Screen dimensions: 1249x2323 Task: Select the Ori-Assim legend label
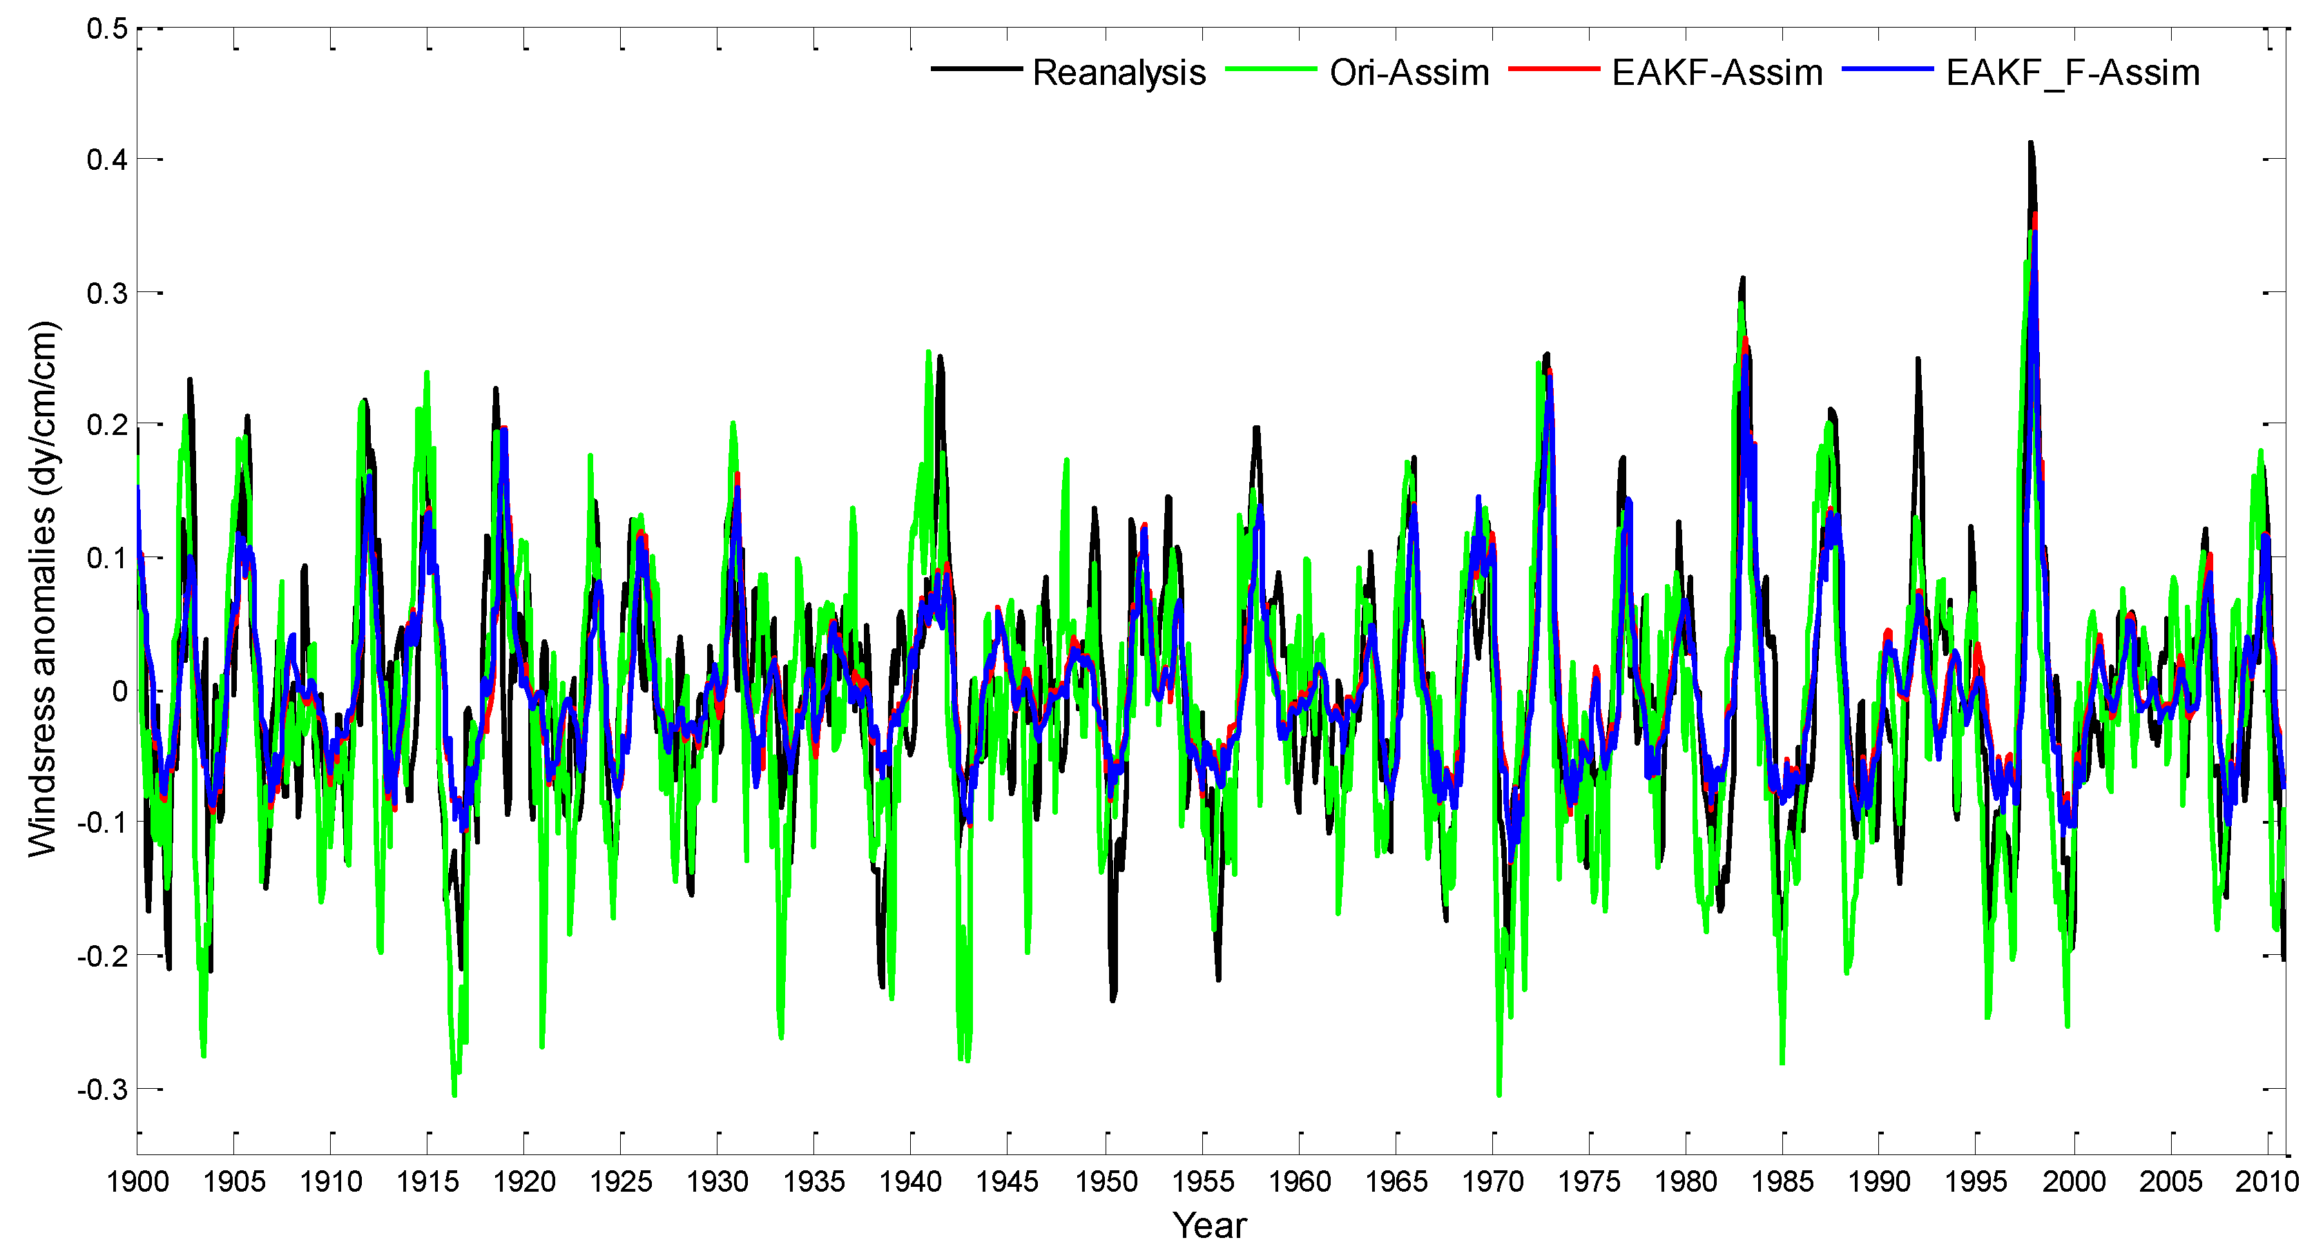(x=1409, y=72)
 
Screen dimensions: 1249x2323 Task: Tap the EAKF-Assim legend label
(x=1717, y=72)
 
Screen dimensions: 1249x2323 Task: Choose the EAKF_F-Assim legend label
(x=2072, y=72)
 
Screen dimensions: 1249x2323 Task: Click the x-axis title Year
(x=1209, y=1225)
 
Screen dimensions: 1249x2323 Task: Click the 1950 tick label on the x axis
(x=1106, y=1181)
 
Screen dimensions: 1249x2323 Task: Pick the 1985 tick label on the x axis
(x=1783, y=1181)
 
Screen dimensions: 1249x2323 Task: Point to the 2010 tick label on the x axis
(x=2267, y=1181)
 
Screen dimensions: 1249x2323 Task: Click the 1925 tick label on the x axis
(x=621, y=1181)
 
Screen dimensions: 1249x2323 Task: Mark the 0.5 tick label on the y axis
(x=106, y=29)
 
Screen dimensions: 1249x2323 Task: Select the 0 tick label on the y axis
(x=119, y=692)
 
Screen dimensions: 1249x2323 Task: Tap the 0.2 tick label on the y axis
(x=106, y=425)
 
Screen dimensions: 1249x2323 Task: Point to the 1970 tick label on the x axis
(x=1492, y=1181)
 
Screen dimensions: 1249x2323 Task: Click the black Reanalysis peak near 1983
(x=1742, y=279)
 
